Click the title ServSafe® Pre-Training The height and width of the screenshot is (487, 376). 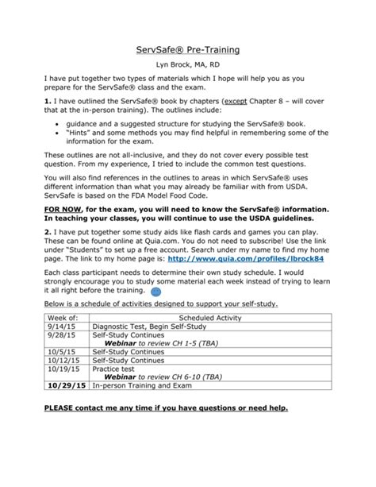[188, 49]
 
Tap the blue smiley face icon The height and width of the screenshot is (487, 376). [177, 292]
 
